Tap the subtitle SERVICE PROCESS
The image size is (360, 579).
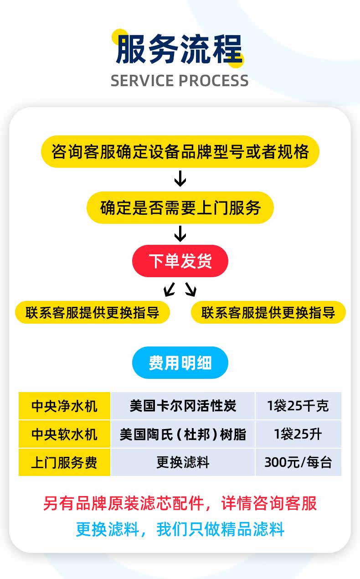(x=180, y=81)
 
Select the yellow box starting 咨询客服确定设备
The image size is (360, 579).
(x=180, y=152)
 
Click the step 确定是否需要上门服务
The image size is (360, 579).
(x=180, y=208)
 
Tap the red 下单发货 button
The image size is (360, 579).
(x=180, y=261)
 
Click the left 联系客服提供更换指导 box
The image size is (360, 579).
(x=93, y=313)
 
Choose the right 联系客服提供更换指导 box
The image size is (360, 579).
(x=268, y=313)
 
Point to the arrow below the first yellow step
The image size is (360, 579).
(x=180, y=179)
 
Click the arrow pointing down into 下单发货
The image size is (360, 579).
(x=180, y=234)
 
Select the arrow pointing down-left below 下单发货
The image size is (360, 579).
(x=169, y=289)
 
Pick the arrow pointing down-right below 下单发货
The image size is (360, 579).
(x=191, y=289)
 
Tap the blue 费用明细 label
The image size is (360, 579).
(x=180, y=363)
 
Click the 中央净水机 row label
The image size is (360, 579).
(x=64, y=406)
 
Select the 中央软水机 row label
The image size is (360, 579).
(x=64, y=434)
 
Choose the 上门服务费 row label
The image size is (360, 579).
(x=64, y=462)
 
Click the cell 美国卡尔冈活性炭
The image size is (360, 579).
(x=183, y=406)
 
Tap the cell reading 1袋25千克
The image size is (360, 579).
(x=298, y=406)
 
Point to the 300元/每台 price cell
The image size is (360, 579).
(x=298, y=462)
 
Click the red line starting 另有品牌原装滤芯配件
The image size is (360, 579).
(x=180, y=503)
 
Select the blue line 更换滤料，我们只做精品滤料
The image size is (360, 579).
(x=180, y=529)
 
